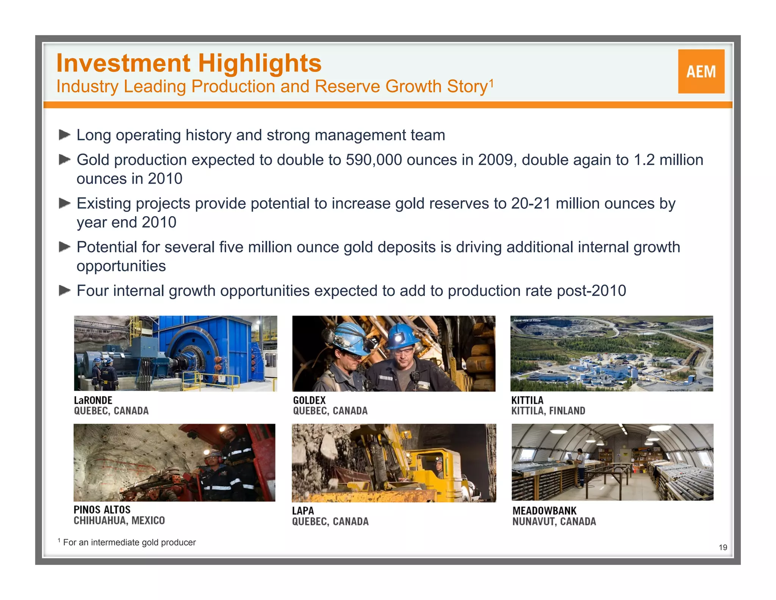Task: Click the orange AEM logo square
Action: [701, 71]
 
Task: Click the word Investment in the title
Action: [124, 63]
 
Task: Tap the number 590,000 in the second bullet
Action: [373, 160]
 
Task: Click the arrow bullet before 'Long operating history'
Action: [65, 135]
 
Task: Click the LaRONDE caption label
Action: [93, 400]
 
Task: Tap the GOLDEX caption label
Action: [309, 400]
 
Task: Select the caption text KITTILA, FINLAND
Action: [548, 411]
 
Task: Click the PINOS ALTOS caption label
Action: [102, 510]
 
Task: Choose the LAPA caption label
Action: [303, 511]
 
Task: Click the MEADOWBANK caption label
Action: [544, 511]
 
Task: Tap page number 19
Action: [723, 547]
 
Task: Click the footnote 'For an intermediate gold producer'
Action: [129, 542]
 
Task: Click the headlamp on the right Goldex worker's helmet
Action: [399, 337]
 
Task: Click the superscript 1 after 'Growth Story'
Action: [491, 82]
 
